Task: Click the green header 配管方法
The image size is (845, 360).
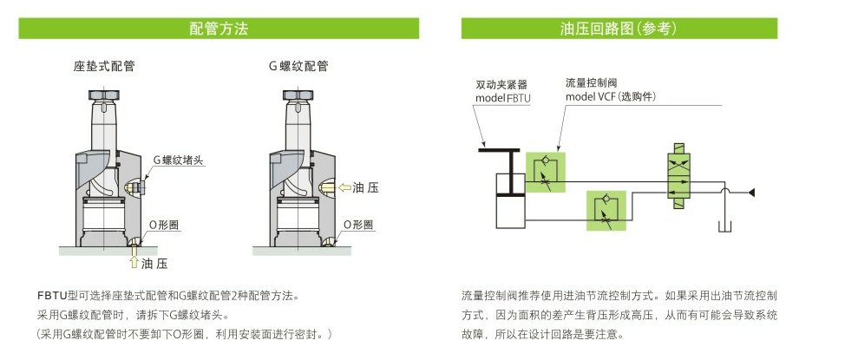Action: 219,29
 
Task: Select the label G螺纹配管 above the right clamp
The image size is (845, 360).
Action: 298,66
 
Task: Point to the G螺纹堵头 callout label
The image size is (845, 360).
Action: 176,160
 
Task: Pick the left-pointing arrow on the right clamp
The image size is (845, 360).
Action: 344,187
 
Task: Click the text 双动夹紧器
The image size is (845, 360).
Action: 501,85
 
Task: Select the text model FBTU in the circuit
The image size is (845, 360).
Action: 502,99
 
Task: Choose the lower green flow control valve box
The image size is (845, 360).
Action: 606,211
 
